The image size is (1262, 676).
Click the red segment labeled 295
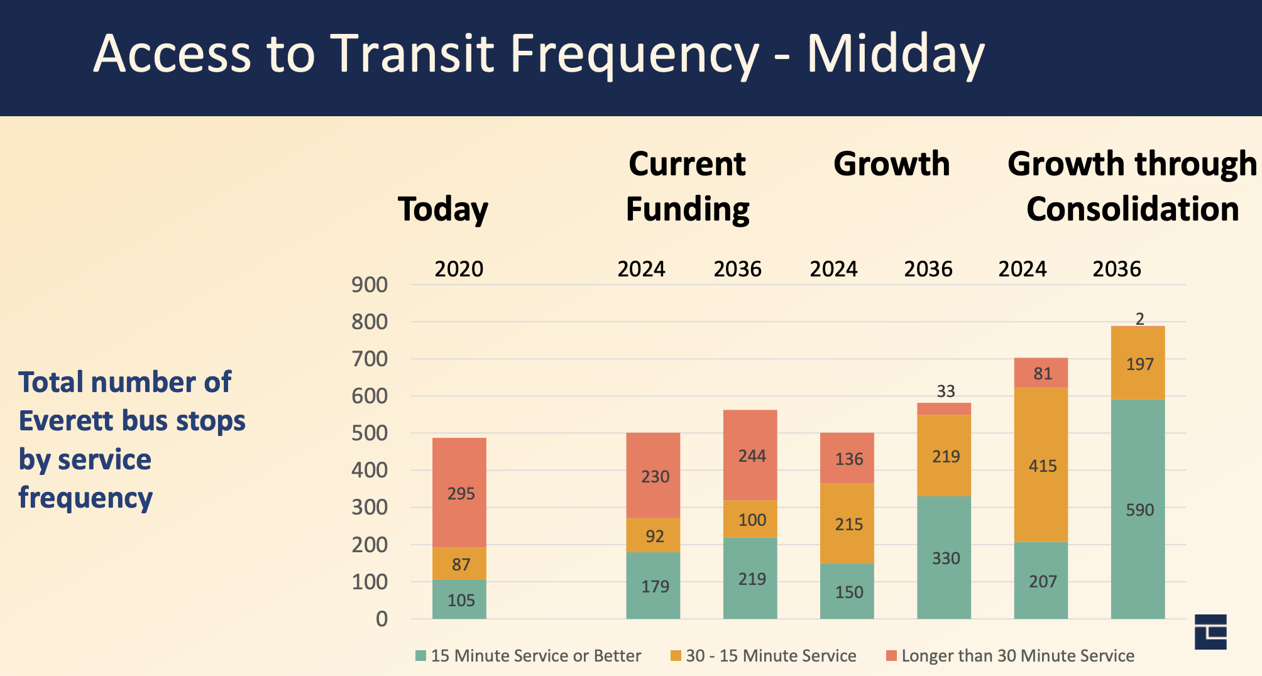pyautogui.click(x=459, y=493)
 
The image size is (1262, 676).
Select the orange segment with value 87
pyautogui.click(x=459, y=564)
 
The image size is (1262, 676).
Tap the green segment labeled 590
pyautogui.click(x=1138, y=509)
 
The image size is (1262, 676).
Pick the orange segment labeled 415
pyautogui.click(x=1041, y=465)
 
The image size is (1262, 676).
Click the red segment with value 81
pyautogui.click(x=1041, y=373)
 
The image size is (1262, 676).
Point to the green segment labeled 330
pyautogui.click(x=944, y=557)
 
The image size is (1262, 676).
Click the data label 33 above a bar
pyautogui.click(x=945, y=391)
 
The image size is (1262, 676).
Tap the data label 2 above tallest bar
pyautogui.click(x=1139, y=319)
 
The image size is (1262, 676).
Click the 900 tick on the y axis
pyautogui.click(x=370, y=285)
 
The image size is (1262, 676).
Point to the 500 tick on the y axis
pyautogui.click(x=370, y=433)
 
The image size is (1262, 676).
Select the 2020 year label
pyautogui.click(x=459, y=269)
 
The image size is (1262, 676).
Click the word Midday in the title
pyautogui.click(x=895, y=54)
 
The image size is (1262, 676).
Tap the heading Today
pyautogui.click(x=443, y=209)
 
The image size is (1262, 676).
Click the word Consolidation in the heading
pyautogui.click(x=1132, y=209)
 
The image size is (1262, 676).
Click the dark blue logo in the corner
pyautogui.click(x=1210, y=631)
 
